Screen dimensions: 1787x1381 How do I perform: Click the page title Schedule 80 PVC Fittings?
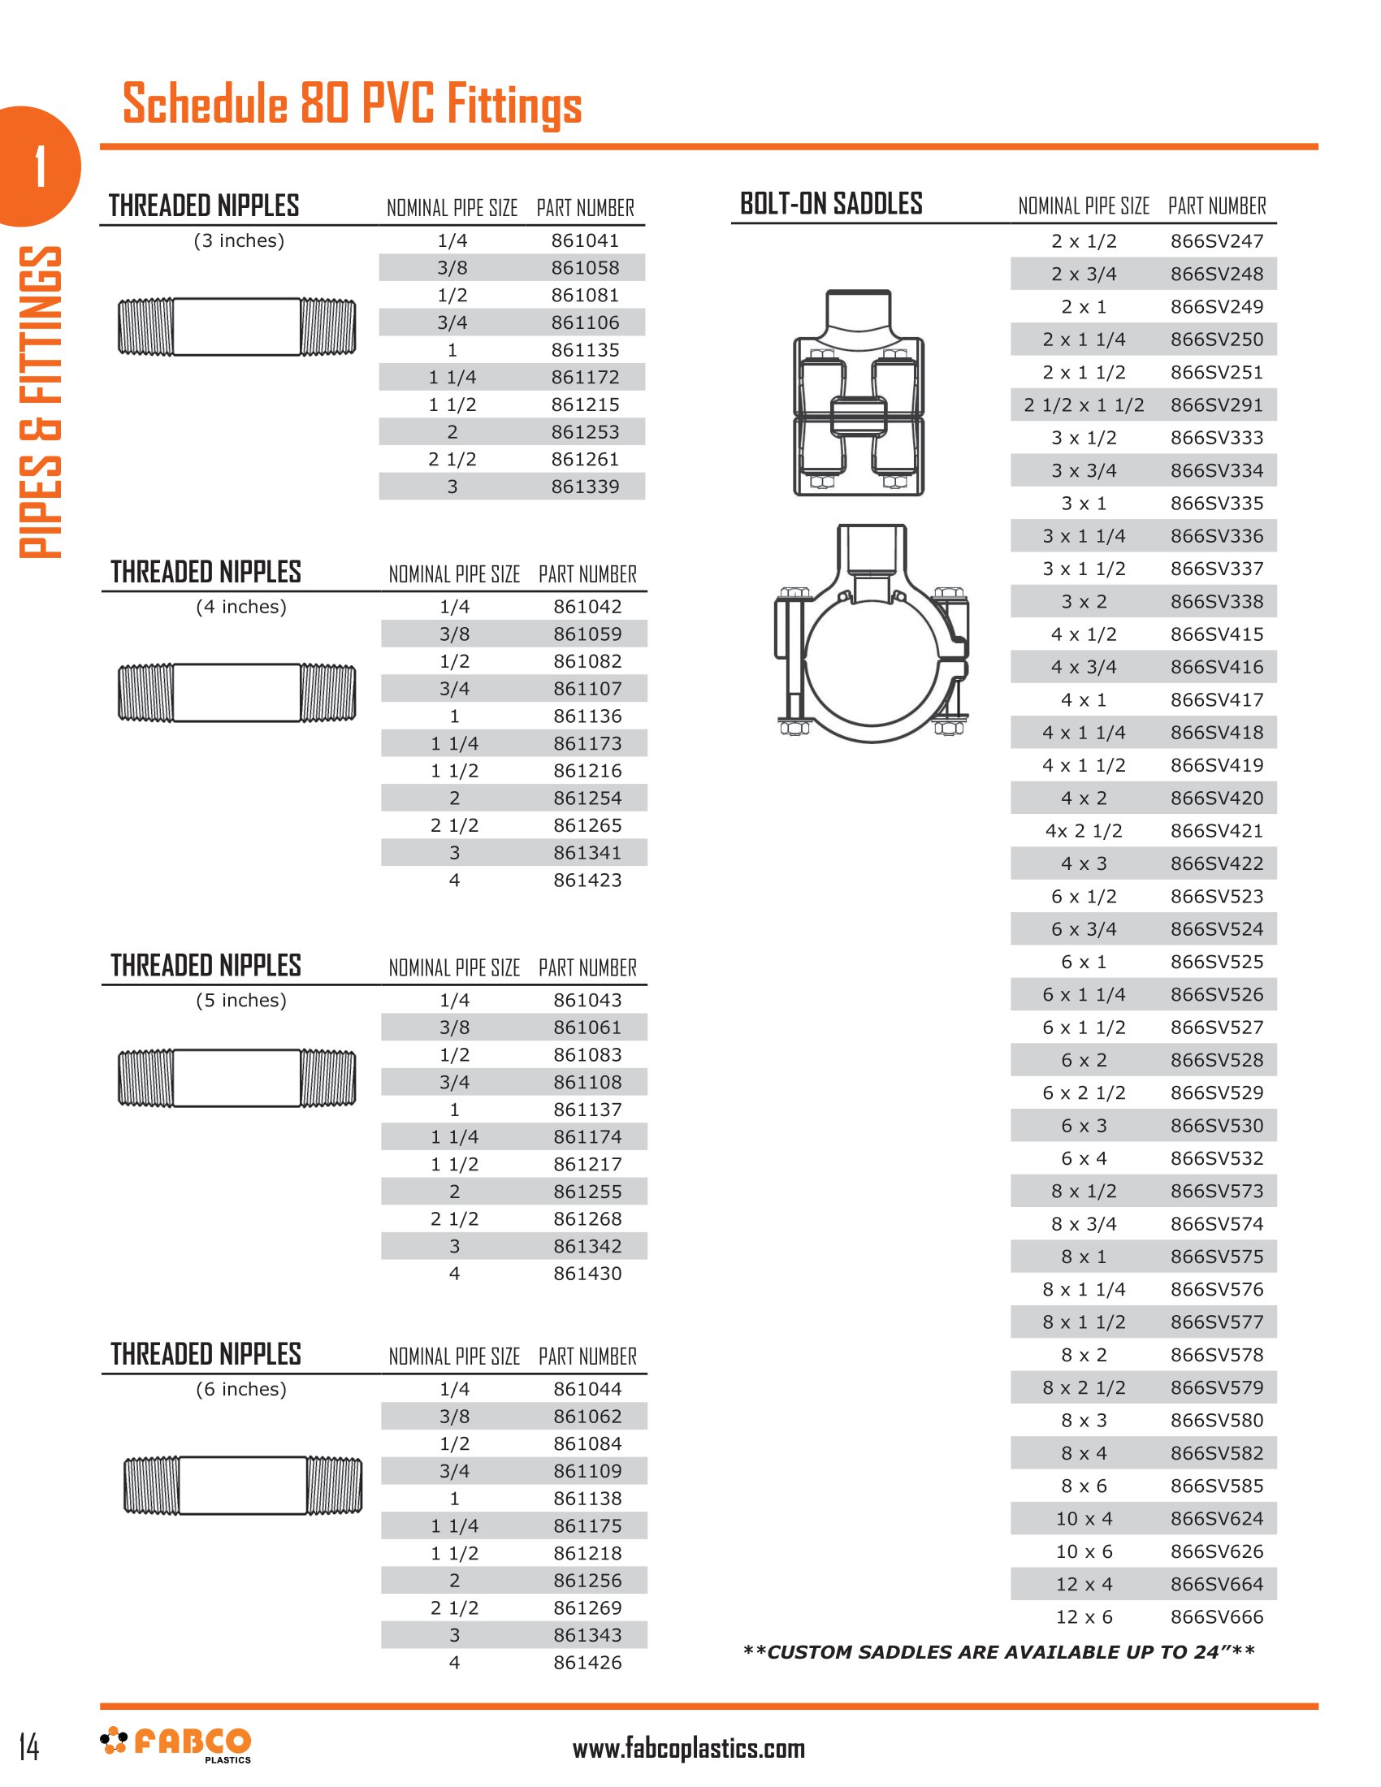pyautogui.click(x=352, y=104)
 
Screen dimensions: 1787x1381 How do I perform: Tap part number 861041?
pyautogui.click(x=585, y=240)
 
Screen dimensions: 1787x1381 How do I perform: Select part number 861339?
pyautogui.click(x=585, y=487)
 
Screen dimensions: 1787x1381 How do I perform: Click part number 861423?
pyautogui.click(x=587, y=881)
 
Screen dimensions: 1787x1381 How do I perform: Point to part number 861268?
pyautogui.click(x=587, y=1219)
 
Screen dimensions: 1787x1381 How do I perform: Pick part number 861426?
pyautogui.click(x=587, y=1663)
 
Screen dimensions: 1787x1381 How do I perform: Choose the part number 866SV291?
pyautogui.click(x=1217, y=405)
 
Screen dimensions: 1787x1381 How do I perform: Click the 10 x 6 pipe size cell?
pyautogui.click(x=1084, y=1551)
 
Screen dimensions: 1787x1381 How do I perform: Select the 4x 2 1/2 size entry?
pyautogui.click(x=1084, y=831)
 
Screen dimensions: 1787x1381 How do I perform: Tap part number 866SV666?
pyautogui.click(x=1217, y=1616)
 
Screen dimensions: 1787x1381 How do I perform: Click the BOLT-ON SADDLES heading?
pyautogui.click(x=831, y=204)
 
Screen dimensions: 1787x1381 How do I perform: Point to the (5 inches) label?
pyautogui.click(x=241, y=1000)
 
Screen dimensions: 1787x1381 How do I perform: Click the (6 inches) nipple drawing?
pyautogui.click(x=243, y=1485)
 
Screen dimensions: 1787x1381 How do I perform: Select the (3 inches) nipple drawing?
pyautogui.click(x=237, y=327)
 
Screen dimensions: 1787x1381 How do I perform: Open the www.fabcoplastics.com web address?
pyautogui.click(x=688, y=1749)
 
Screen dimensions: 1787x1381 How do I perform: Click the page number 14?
pyautogui.click(x=28, y=1747)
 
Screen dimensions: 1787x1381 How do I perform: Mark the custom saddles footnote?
pyautogui.click(x=998, y=1652)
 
